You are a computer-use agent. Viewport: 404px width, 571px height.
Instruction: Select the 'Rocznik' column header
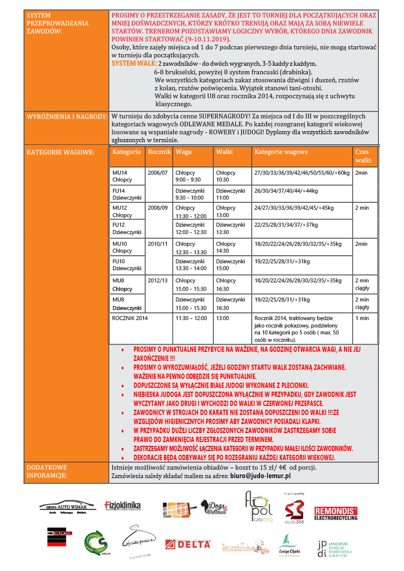point(160,152)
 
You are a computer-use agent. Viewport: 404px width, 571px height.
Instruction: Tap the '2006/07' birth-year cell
point(158,173)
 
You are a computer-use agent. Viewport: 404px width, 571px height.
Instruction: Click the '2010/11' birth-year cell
point(158,244)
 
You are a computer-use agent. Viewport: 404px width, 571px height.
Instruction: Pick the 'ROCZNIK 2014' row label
point(130,318)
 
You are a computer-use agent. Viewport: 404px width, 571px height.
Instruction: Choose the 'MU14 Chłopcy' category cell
point(122,177)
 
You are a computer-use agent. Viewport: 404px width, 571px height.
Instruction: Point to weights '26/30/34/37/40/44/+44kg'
point(286,191)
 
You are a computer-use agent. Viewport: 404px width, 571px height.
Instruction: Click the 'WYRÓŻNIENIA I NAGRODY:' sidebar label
point(67,116)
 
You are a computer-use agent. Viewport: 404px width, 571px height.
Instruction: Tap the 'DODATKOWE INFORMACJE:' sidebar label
point(47,471)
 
